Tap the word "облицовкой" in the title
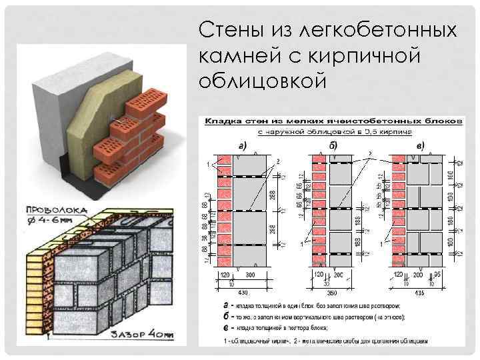pos(263,81)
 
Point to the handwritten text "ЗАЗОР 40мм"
pos(141,335)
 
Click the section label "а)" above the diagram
pos(244,145)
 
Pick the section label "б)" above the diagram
pos(332,145)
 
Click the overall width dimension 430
pos(244,292)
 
